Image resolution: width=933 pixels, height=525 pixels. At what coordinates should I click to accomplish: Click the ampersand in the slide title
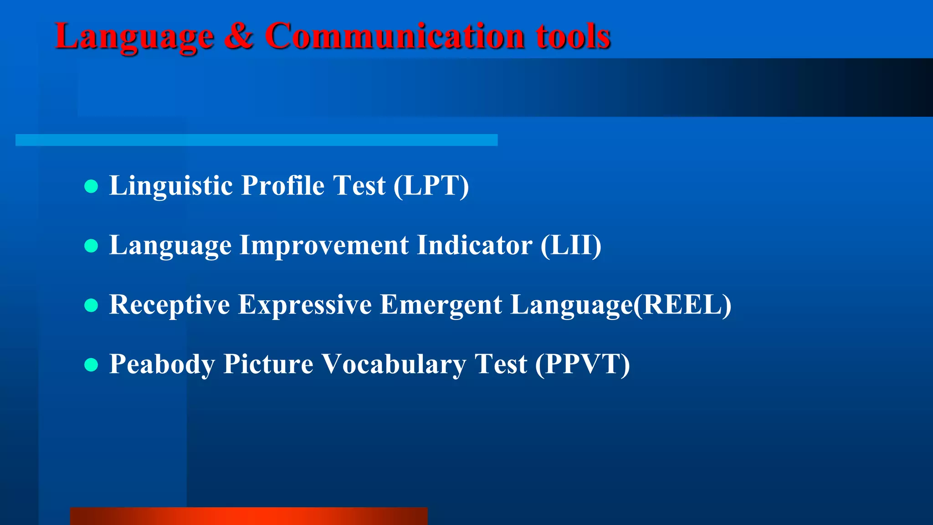point(238,36)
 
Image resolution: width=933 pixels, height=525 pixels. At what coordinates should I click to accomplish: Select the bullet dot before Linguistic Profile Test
point(92,186)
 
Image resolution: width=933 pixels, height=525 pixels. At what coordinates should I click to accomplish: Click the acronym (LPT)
point(431,185)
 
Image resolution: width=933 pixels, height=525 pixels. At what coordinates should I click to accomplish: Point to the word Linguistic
point(171,185)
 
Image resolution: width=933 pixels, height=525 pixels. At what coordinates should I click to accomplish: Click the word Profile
point(283,185)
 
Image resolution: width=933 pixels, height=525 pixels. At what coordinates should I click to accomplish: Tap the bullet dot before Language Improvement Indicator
point(92,246)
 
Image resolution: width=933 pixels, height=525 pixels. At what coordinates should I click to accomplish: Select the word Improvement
point(324,245)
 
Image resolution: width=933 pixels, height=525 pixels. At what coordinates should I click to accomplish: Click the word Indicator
point(474,245)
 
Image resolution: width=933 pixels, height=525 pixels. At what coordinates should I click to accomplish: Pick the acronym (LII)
point(571,245)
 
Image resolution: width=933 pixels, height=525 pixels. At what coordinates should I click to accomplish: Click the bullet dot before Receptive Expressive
point(92,305)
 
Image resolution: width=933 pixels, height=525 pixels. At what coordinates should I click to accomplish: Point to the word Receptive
point(169,304)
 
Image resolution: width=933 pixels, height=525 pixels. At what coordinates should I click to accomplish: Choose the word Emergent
point(441,304)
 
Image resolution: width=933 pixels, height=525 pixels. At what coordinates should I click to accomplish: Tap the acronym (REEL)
point(682,304)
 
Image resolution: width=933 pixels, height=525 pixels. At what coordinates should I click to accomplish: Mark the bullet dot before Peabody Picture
point(92,365)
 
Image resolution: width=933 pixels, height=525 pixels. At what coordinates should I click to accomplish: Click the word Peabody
point(162,364)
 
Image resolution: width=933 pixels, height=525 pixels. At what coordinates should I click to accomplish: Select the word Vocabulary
point(394,364)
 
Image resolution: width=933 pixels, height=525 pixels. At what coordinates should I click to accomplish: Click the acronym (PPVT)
point(582,364)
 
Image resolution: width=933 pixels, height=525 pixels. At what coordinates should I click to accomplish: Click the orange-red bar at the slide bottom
point(249,516)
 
